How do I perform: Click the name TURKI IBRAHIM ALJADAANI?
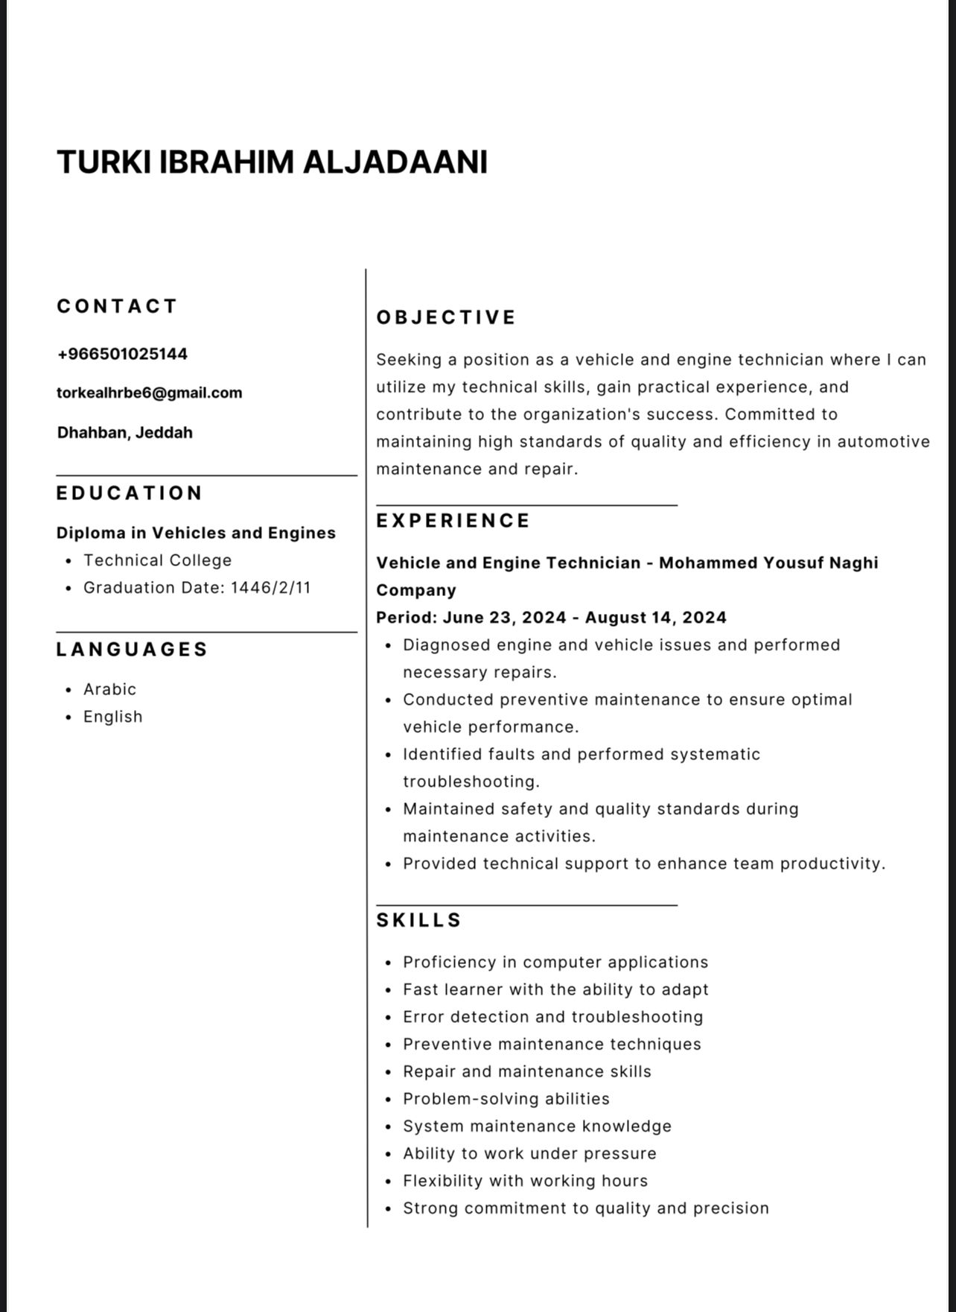(x=272, y=162)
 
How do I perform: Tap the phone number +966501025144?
(x=122, y=354)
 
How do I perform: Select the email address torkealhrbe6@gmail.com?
(x=149, y=393)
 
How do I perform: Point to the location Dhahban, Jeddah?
(x=124, y=432)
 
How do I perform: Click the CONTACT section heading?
(x=117, y=306)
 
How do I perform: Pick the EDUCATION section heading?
(x=130, y=493)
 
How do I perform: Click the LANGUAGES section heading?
(x=132, y=649)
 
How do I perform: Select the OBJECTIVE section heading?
(x=446, y=317)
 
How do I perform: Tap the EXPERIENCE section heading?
(x=453, y=521)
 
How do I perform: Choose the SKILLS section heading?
(x=419, y=920)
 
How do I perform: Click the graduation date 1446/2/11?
(x=270, y=588)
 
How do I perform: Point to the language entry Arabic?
(x=109, y=689)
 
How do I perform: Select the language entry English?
(x=112, y=717)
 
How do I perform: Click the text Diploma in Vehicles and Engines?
(x=196, y=533)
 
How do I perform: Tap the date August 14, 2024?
(x=655, y=618)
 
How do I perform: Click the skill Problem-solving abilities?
(x=506, y=1099)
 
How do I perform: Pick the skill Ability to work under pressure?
(x=529, y=1153)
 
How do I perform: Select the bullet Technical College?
(x=157, y=560)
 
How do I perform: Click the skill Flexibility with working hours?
(x=525, y=1181)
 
